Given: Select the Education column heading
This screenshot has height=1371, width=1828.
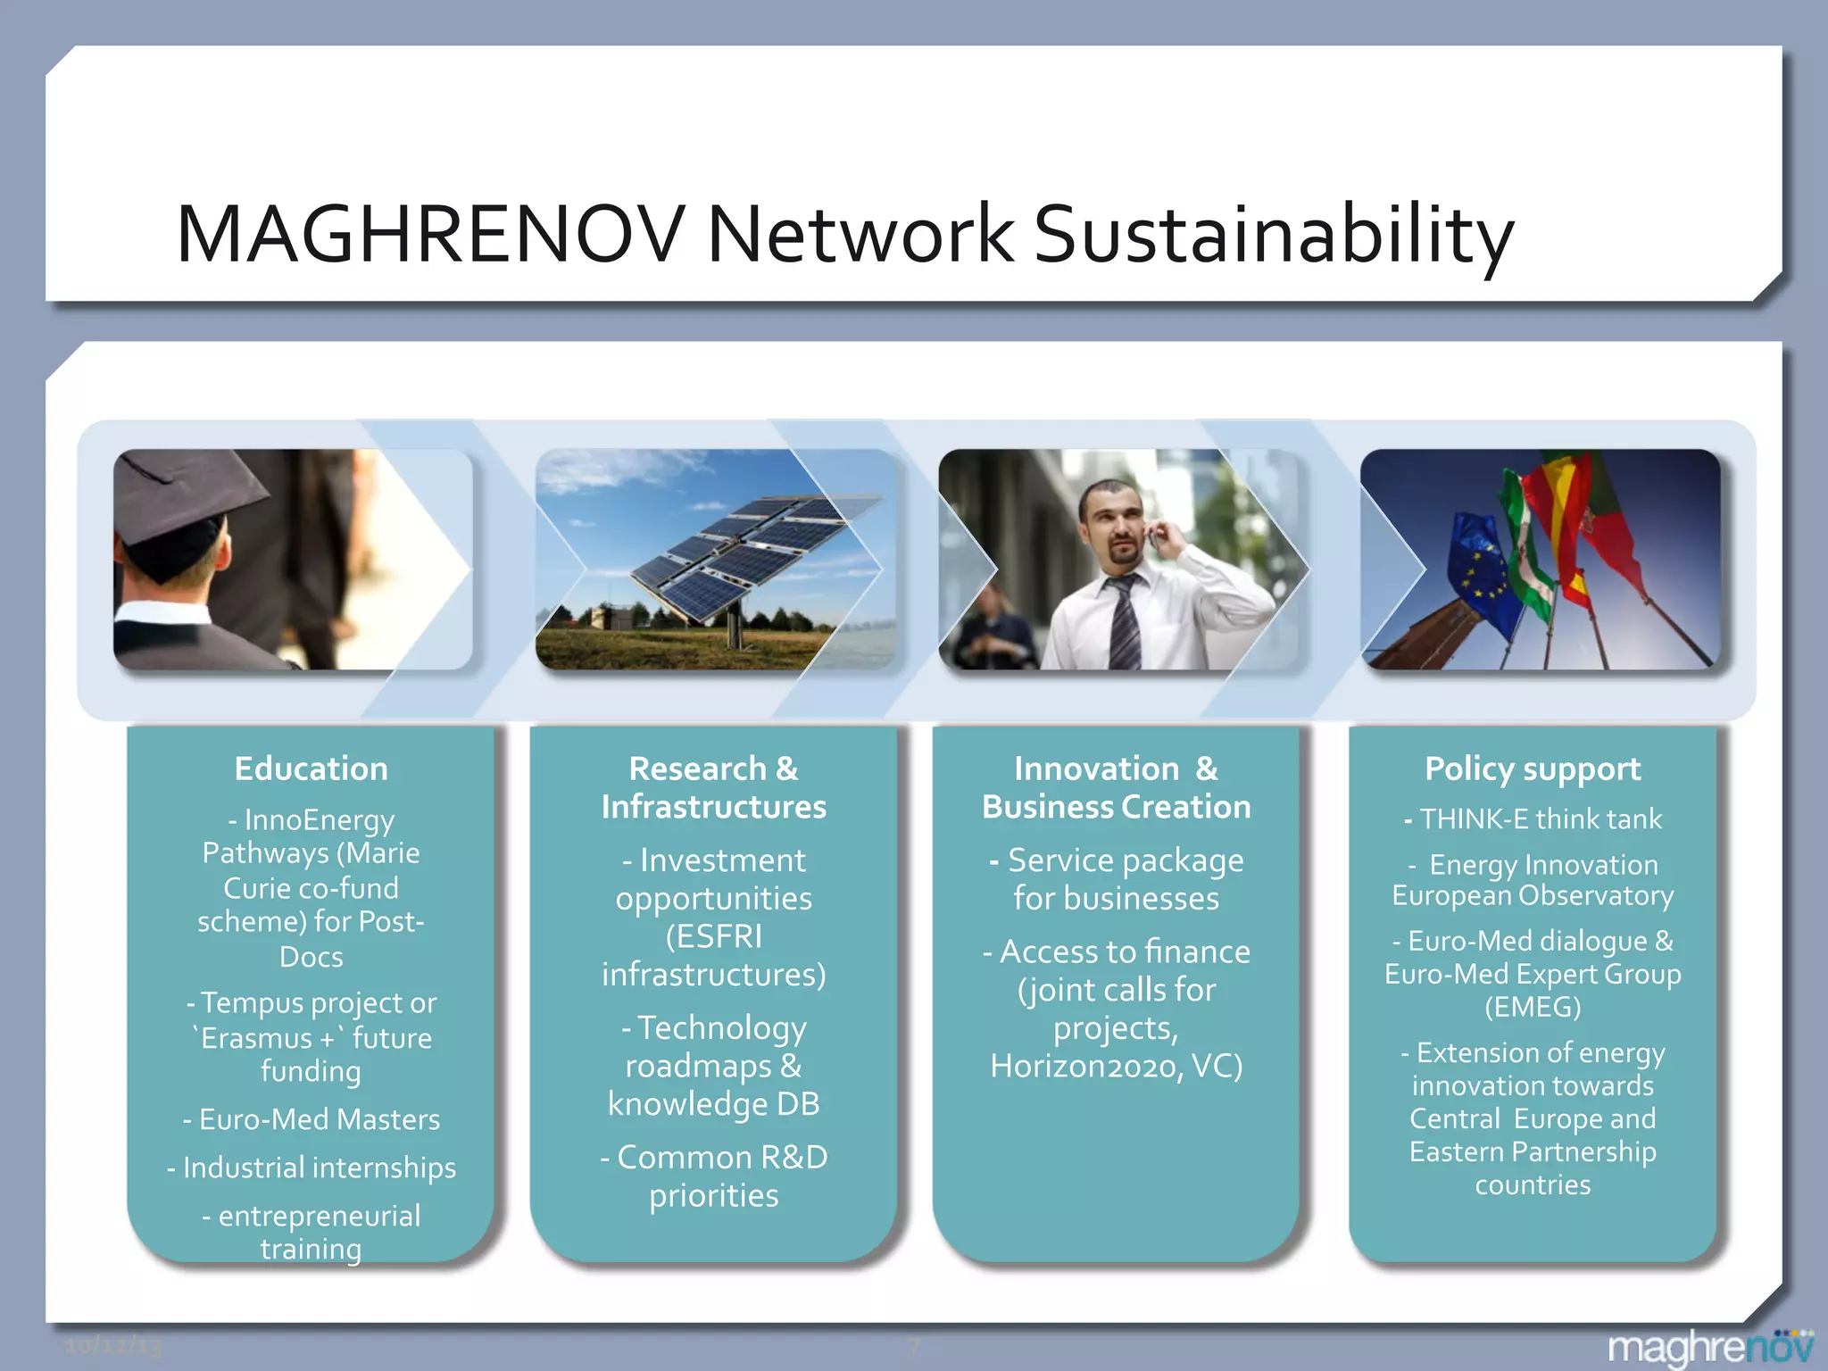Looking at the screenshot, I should tap(311, 769).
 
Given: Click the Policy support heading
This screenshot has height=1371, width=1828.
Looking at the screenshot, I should tap(1533, 769).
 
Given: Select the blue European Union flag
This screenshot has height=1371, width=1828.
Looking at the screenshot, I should tap(1486, 571).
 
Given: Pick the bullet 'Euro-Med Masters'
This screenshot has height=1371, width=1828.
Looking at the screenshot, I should tap(312, 1119).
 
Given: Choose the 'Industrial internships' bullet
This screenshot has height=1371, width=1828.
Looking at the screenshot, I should tap(312, 1167).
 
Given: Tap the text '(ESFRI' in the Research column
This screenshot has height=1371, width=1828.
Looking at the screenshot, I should tap(714, 936).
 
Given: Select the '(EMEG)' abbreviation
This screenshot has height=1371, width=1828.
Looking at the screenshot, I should tap(1533, 1007).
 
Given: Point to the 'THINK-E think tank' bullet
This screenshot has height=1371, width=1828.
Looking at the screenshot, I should tap(1533, 818).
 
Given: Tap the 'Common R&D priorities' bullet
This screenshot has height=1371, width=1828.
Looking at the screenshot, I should tap(714, 1176).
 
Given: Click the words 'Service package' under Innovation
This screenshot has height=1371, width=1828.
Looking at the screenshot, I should tap(1125, 860).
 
